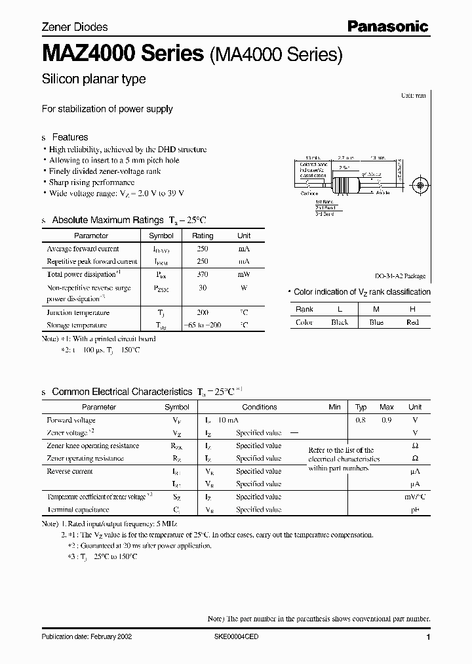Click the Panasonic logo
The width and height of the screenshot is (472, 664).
tap(387, 26)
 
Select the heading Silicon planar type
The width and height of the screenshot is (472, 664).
tap(94, 79)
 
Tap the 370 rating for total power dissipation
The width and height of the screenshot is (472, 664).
tap(203, 275)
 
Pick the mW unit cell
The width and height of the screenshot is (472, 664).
tap(243, 275)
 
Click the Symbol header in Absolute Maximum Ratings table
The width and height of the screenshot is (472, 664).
tap(161, 236)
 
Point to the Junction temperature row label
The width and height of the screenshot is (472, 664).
tap(78, 313)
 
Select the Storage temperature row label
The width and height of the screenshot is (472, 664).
tap(77, 325)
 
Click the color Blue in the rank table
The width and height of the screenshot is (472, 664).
tap(376, 322)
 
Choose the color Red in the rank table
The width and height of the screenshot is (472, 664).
tap(412, 322)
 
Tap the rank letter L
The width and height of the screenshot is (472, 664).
tap(340, 309)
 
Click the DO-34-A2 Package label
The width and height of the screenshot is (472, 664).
tap(401, 276)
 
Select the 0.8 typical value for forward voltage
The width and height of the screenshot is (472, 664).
tap(361, 420)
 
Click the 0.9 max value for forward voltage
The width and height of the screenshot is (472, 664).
tap(387, 420)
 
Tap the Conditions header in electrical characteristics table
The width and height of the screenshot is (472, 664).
tap(260, 407)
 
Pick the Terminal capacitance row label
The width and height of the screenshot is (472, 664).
tap(78, 509)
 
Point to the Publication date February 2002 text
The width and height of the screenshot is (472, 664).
tap(87, 637)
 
